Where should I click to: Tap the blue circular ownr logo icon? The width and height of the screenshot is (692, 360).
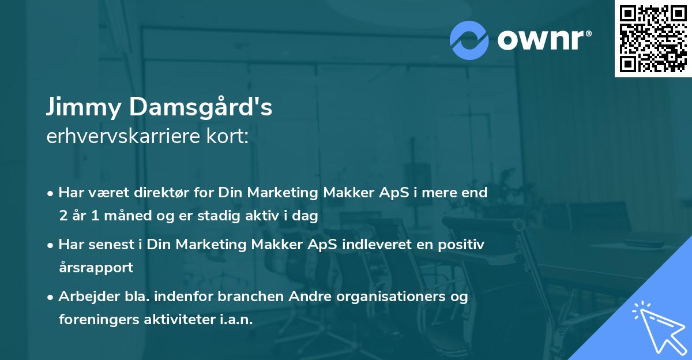click(x=469, y=40)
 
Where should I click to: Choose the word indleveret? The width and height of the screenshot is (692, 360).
click(x=378, y=244)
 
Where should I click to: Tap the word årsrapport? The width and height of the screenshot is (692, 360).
click(x=96, y=267)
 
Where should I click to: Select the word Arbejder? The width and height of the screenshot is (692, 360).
click(x=85, y=297)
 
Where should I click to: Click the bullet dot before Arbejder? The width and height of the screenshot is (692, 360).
click(x=51, y=297)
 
